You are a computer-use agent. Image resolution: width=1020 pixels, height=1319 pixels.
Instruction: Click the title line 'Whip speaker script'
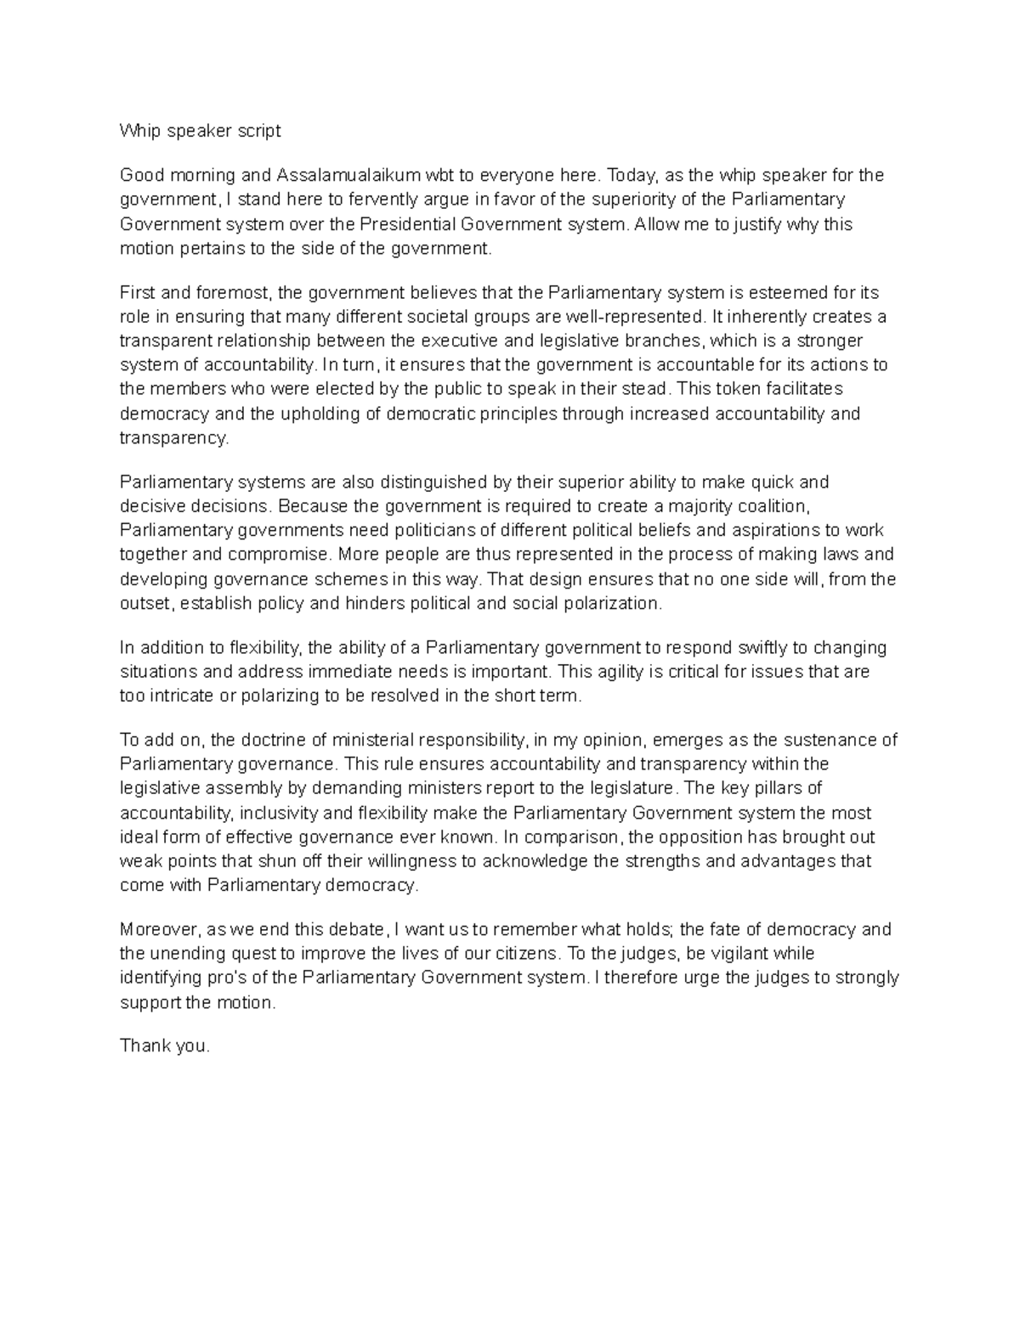pos(200,131)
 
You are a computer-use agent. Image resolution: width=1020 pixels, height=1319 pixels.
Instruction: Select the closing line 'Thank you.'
pos(164,1046)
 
